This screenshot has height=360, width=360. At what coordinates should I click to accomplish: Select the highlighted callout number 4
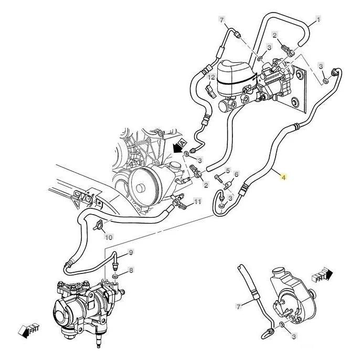click(284, 178)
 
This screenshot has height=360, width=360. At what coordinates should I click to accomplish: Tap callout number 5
click(228, 171)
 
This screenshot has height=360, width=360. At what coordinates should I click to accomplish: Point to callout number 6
click(237, 175)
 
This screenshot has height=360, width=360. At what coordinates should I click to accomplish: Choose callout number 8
click(131, 270)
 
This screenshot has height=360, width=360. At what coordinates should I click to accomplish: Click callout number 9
click(131, 252)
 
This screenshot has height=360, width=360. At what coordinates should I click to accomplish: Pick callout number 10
click(109, 238)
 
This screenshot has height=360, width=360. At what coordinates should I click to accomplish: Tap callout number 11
click(197, 202)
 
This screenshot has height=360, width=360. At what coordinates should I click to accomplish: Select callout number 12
click(211, 77)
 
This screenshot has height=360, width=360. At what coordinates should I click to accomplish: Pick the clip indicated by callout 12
click(211, 92)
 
